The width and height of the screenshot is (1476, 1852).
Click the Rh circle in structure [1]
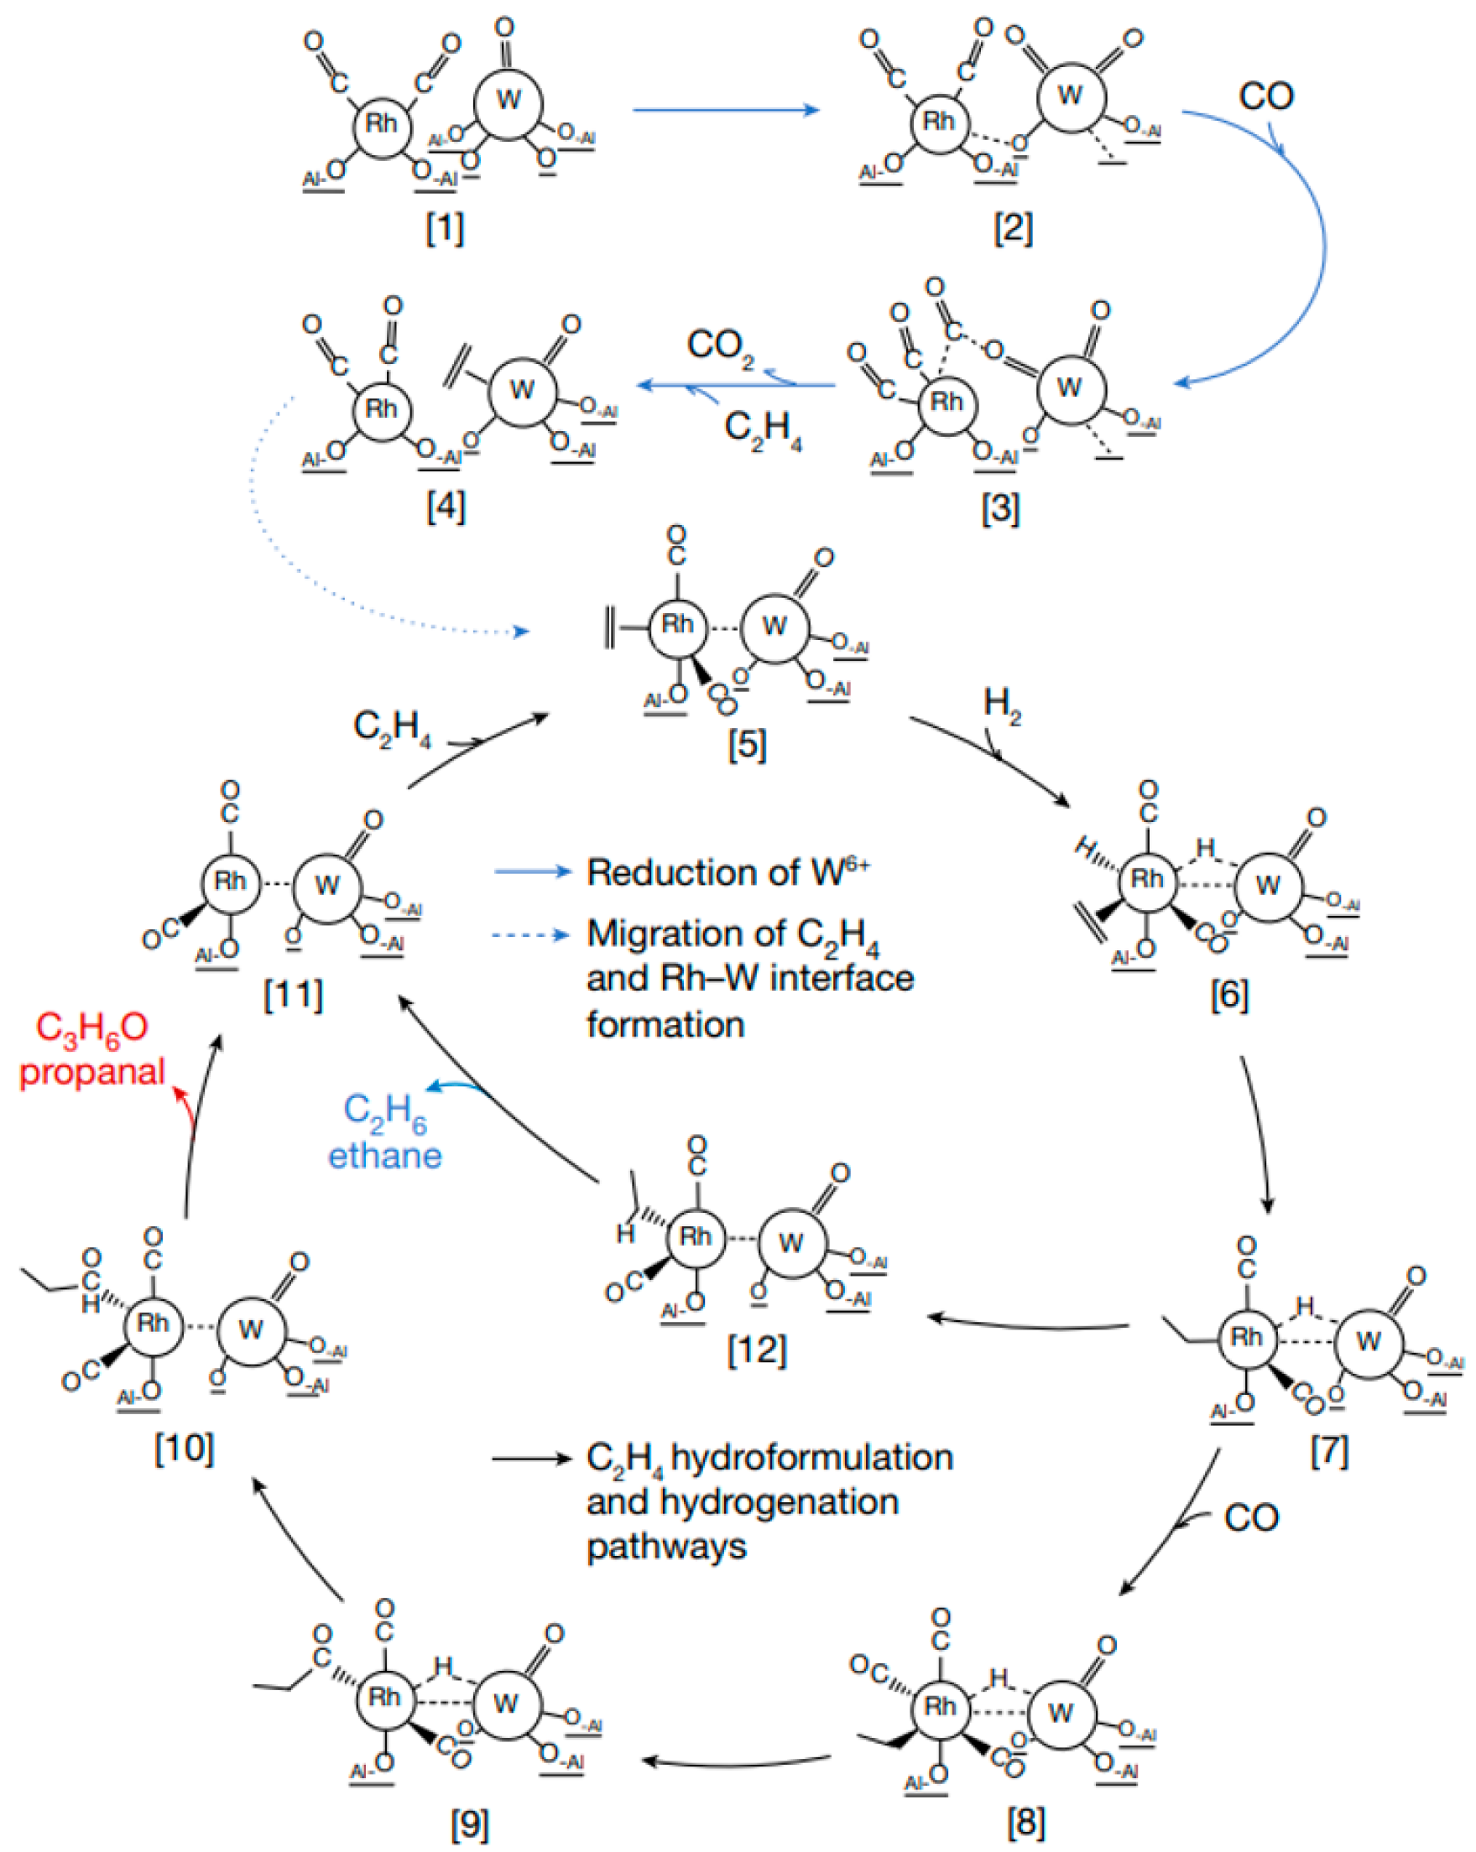[x=381, y=123]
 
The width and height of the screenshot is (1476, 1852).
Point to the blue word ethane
[x=384, y=1156]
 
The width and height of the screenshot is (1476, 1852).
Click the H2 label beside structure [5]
[x=1002, y=705]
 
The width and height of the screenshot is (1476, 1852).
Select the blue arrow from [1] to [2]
[x=726, y=110]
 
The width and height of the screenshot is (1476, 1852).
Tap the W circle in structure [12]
[x=791, y=1242]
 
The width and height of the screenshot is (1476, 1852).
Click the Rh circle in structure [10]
[x=153, y=1323]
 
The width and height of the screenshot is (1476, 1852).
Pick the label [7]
[x=1328, y=1453]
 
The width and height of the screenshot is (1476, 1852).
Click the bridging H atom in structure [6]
[x=1207, y=849]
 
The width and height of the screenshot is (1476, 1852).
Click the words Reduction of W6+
[x=728, y=873]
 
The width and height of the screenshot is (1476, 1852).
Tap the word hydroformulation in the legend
[x=811, y=1458]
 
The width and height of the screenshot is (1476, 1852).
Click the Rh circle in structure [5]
[x=677, y=626]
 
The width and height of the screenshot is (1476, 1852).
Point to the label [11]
[x=293, y=996]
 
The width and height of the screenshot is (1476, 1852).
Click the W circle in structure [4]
[x=523, y=391]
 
